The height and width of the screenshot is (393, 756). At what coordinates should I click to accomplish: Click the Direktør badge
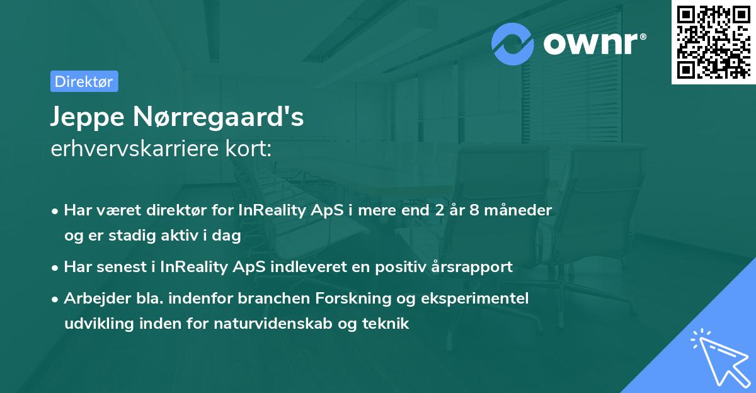point(84,81)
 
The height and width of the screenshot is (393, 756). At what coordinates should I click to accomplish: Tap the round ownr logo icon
point(513,44)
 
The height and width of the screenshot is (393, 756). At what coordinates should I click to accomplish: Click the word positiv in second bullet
point(401,267)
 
